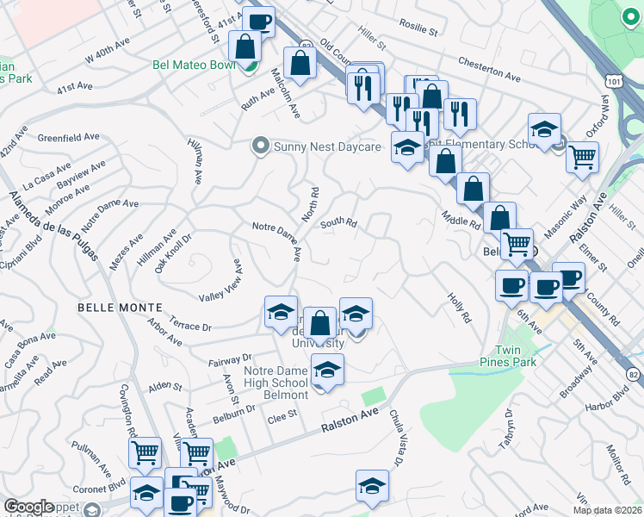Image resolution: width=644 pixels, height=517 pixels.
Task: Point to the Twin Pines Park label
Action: coord(515,356)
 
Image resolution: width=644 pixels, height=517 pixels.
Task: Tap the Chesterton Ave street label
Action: coord(489,70)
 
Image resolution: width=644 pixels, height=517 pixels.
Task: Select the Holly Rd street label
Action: coord(459,308)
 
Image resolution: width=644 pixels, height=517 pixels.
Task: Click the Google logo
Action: coord(29,507)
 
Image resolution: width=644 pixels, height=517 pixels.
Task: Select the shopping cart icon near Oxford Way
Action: coord(583,158)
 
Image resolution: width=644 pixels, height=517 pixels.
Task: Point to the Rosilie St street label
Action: coord(419,27)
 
